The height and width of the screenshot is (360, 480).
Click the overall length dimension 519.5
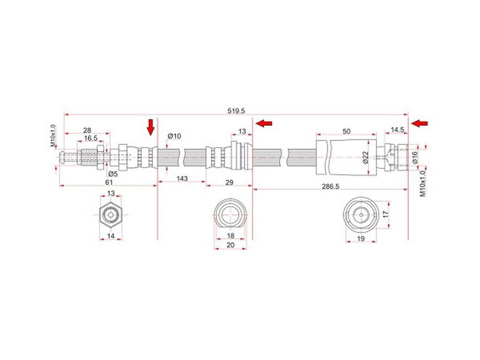pyautogui.click(x=236, y=111)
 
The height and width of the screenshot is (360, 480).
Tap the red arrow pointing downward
pyautogui.click(x=150, y=127)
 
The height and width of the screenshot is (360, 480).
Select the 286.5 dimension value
pyautogui.click(x=330, y=186)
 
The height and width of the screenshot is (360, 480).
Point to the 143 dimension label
pyautogui.click(x=182, y=178)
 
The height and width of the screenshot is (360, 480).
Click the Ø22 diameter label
pyautogui.click(x=365, y=157)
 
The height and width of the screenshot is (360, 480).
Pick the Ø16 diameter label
pyautogui.click(x=415, y=157)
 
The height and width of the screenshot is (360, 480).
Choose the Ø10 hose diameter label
pyautogui.click(x=175, y=136)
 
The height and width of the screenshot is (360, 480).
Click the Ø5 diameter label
pyautogui.click(x=112, y=174)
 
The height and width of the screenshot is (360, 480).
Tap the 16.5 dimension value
pyautogui.click(x=91, y=138)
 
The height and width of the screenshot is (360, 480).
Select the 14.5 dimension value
pyautogui.click(x=397, y=130)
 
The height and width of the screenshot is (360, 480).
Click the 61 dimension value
pyautogui.click(x=109, y=182)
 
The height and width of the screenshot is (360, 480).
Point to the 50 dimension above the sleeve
pyautogui.click(x=346, y=132)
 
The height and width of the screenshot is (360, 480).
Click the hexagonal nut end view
pyautogui.click(x=111, y=215)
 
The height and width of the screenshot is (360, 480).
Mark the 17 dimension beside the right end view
pyautogui.click(x=386, y=214)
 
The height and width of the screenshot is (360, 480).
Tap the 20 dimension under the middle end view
pyautogui.click(x=230, y=245)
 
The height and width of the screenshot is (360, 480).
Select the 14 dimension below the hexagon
pyautogui.click(x=111, y=236)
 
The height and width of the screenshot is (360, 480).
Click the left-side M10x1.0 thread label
pyautogui.click(x=53, y=135)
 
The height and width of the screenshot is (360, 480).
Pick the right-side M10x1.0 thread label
pyautogui.click(x=423, y=183)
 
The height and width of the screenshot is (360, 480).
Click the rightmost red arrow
pyautogui.click(x=420, y=123)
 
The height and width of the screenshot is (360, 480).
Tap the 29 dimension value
pyautogui.click(x=229, y=182)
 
